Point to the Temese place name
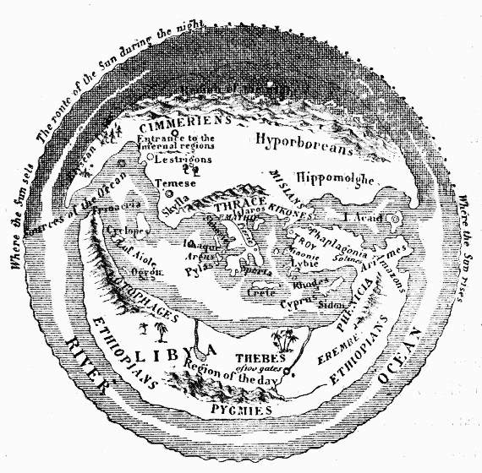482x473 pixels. pos(180,183)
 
